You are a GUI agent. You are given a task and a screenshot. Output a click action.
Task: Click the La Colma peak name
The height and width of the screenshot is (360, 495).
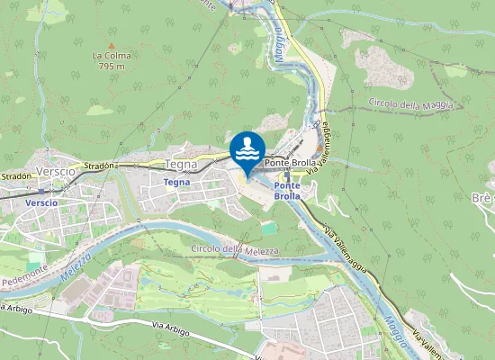[x=112, y=56]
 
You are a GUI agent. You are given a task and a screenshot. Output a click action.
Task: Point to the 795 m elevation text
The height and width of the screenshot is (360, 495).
[x=112, y=66]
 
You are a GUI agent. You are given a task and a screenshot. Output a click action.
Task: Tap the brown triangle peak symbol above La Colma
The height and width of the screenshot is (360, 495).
[x=112, y=45]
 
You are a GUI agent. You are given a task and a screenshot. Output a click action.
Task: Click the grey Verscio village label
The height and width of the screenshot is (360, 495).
[x=58, y=171]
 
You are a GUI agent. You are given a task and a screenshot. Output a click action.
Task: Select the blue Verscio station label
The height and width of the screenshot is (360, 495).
[x=41, y=202]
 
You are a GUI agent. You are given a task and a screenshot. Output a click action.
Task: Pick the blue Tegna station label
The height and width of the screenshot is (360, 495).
[x=177, y=182]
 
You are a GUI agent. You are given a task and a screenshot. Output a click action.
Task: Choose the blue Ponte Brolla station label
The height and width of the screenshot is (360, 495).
[x=287, y=190]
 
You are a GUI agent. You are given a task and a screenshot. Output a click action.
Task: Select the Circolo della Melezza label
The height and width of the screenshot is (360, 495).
[x=235, y=248]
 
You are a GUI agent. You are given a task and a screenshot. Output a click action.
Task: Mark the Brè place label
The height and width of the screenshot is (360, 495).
[x=481, y=197]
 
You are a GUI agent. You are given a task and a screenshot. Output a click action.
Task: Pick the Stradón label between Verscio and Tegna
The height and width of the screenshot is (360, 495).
[x=101, y=166]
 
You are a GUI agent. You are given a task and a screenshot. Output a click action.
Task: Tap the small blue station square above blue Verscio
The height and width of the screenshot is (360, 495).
[x=40, y=191]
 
